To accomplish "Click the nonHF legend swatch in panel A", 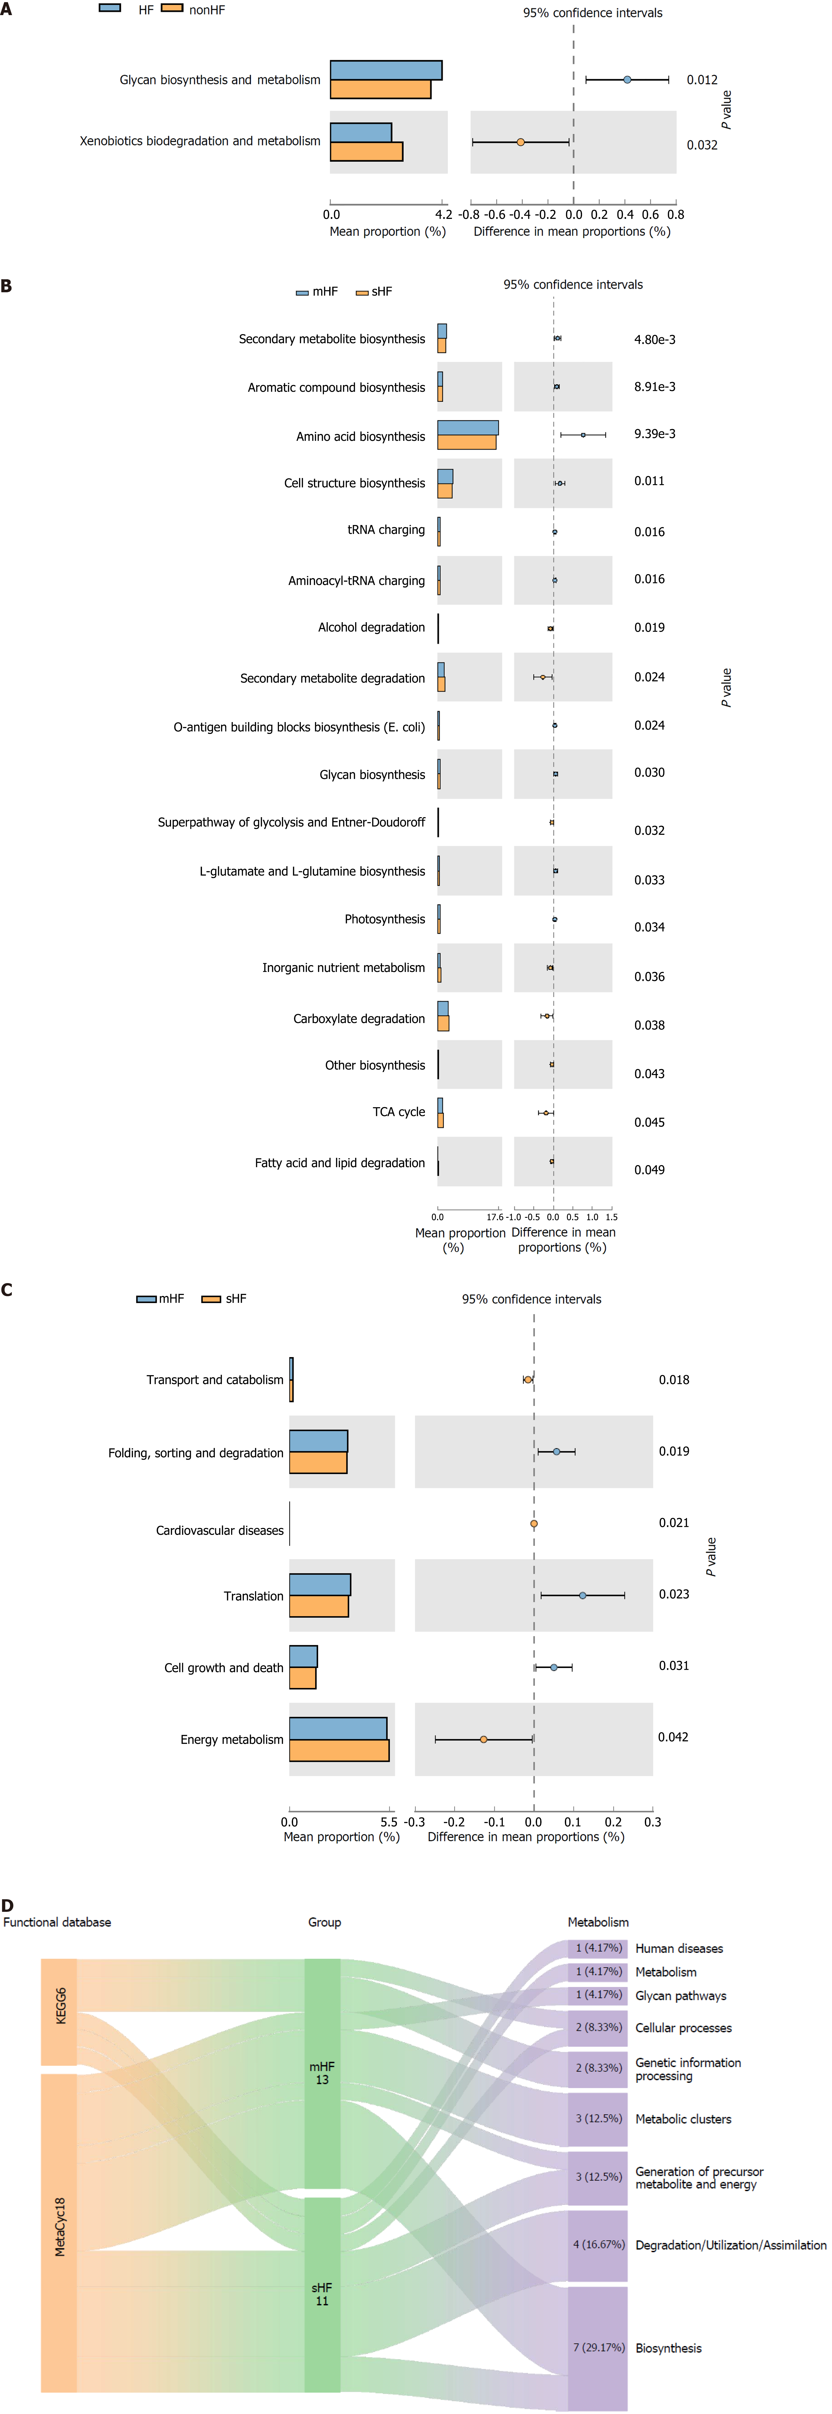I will click(x=172, y=9).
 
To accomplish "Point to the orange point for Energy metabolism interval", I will click(x=483, y=1739).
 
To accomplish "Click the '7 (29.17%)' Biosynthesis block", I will click(x=598, y=2348).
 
